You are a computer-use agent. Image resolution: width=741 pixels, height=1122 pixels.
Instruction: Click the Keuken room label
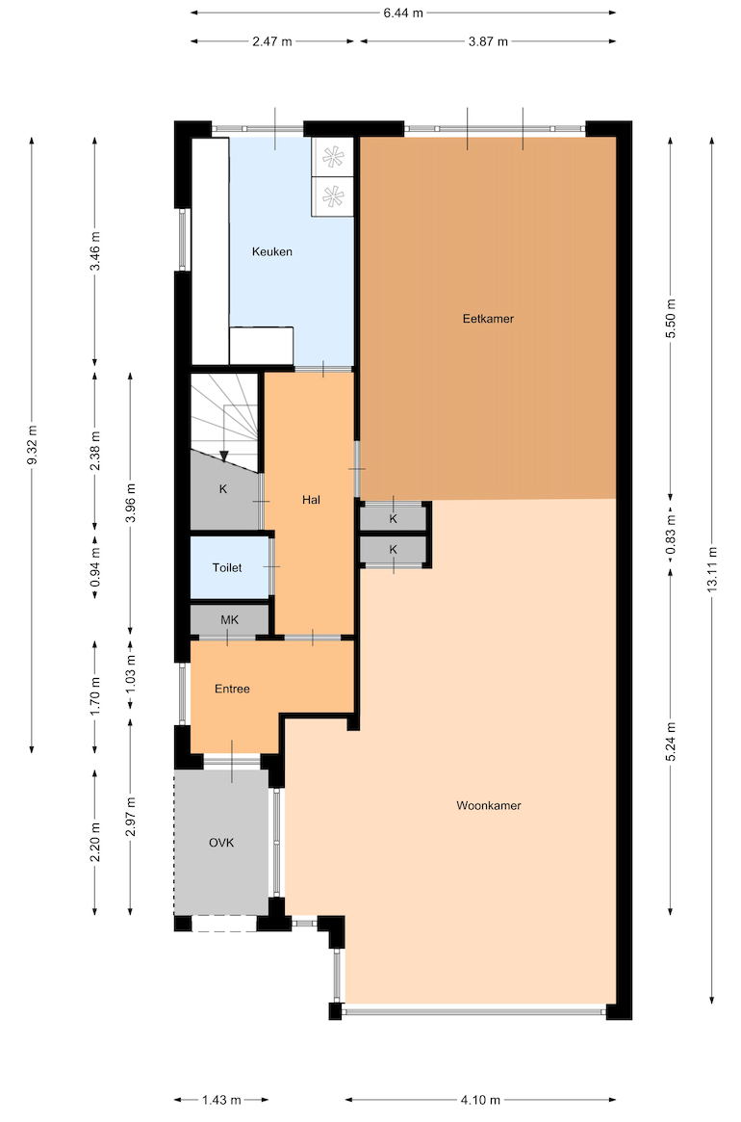271,252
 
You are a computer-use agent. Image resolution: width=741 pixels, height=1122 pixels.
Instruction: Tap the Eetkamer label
488,319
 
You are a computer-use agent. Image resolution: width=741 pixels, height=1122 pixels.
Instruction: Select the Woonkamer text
489,806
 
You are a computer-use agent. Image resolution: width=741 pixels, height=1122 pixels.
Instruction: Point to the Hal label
311,500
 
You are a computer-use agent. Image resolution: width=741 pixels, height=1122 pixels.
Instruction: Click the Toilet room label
227,568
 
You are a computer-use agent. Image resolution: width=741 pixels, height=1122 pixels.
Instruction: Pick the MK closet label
230,620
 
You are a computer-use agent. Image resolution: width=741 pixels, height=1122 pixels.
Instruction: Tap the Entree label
233,689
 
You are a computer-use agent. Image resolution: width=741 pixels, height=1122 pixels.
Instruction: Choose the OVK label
221,843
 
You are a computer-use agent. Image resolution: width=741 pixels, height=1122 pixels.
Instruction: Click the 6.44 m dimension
403,13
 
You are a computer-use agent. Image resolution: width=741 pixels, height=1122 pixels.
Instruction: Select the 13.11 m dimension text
712,569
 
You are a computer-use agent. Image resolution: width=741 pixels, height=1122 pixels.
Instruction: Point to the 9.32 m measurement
32,445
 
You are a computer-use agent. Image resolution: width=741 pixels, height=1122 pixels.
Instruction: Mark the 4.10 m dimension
480,1100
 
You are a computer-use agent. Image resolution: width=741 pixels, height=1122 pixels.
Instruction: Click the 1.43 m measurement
221,1100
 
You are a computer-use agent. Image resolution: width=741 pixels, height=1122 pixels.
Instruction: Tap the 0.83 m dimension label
671,535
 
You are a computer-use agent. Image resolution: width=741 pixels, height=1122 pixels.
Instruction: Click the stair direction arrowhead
224,456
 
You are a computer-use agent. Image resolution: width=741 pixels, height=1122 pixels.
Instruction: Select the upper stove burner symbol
333,157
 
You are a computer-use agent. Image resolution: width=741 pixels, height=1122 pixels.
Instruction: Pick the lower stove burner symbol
333,196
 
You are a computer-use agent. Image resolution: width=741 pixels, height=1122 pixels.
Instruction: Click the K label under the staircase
223,489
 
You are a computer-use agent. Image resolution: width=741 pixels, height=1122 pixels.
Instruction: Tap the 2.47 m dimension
272,41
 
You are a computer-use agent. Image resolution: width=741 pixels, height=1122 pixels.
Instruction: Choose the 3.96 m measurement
131,503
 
